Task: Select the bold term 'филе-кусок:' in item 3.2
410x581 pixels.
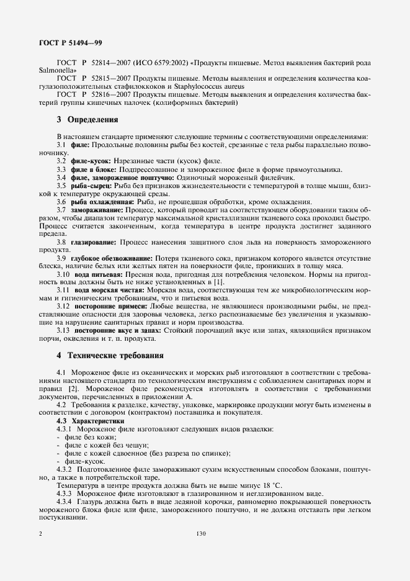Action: point(92,161)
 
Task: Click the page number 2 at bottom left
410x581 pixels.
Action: point(40,533)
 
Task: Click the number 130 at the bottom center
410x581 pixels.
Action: point(200,533)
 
